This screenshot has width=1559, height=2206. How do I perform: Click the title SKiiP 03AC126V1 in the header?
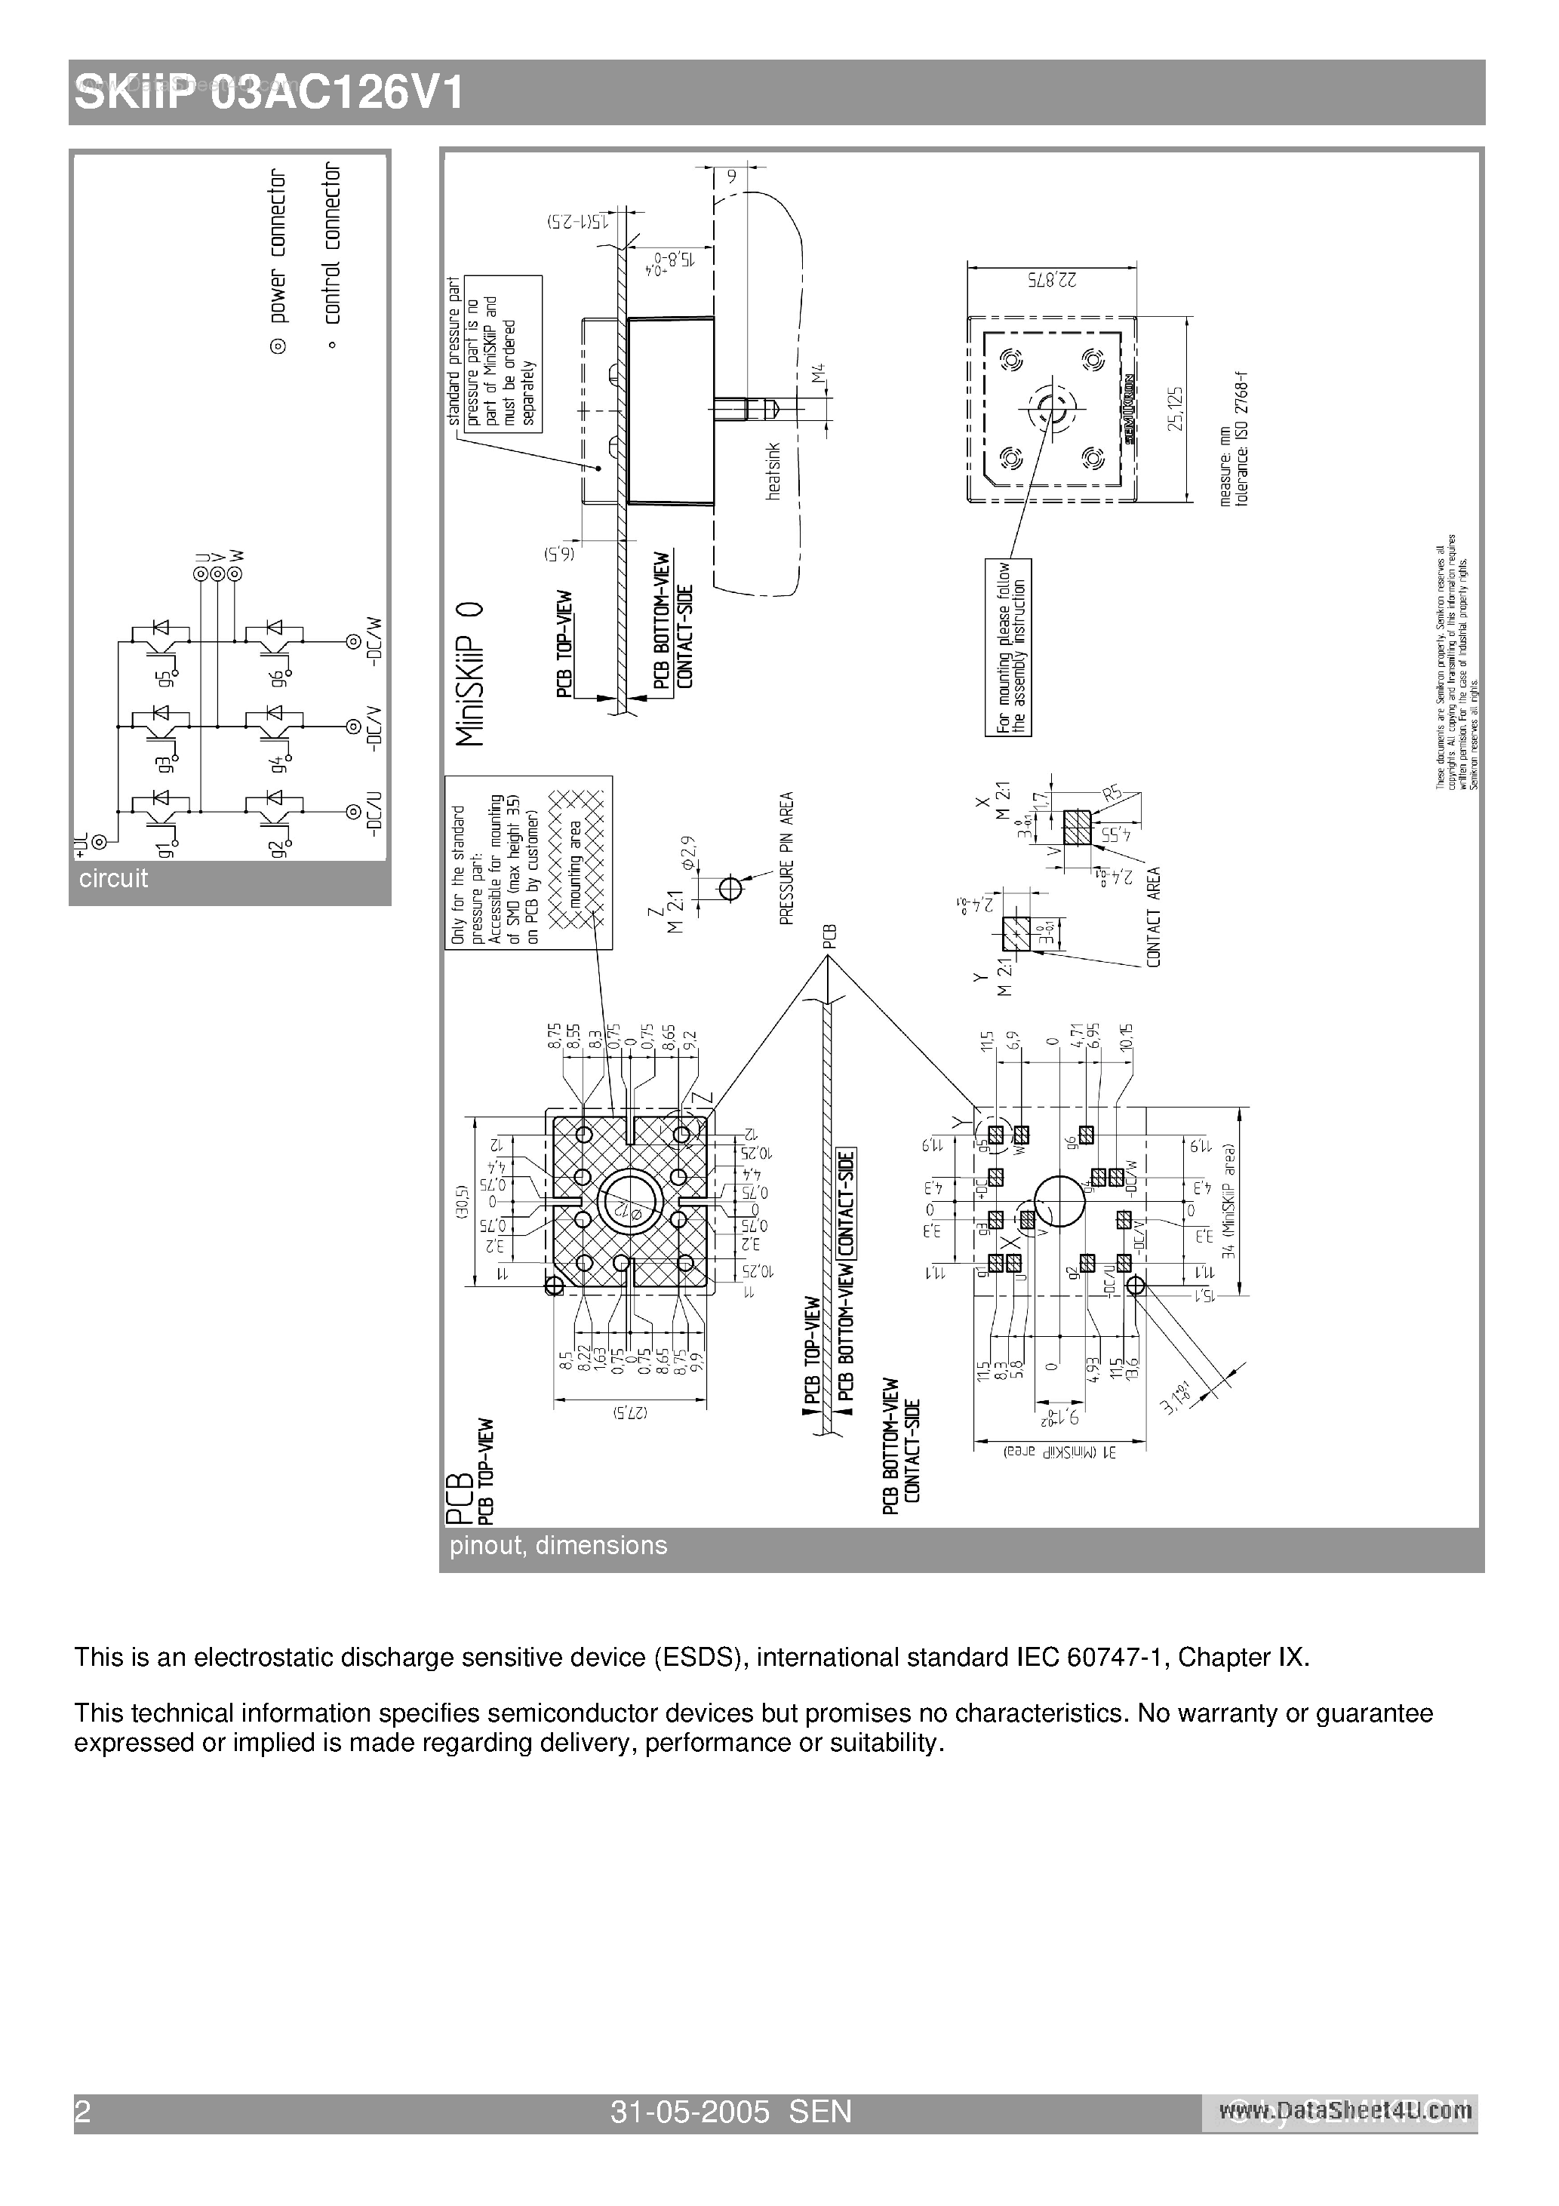coord(269,94)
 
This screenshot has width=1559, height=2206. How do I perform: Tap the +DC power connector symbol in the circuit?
coord(100,842)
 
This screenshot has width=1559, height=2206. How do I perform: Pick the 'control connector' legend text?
coord(331,242)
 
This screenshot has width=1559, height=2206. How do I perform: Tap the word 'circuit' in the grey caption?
coord(113,878)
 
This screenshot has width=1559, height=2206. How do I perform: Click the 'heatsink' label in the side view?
coord(773,471)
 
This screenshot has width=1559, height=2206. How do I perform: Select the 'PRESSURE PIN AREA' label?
coord(787,858)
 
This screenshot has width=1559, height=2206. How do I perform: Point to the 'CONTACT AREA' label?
coord(1153,917)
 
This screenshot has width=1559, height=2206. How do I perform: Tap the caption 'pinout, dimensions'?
coord(558,1545)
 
